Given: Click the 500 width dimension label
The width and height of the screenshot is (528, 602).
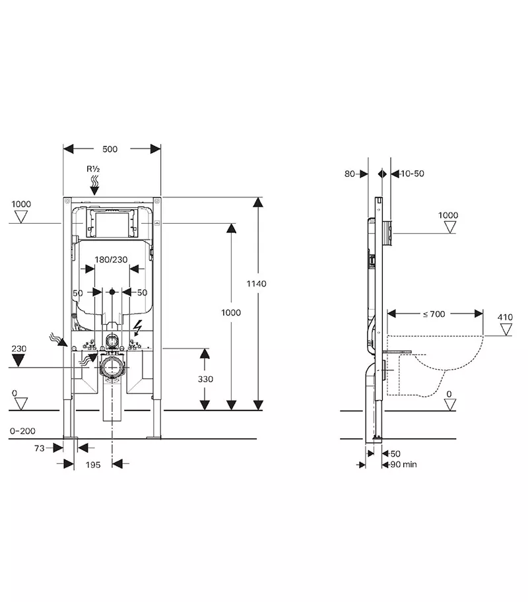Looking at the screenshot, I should click(x=110, y=149).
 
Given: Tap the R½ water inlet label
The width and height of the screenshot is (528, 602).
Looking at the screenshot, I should click(x=94, y=168).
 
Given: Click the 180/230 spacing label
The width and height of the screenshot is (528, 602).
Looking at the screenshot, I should click(x=110, y=259).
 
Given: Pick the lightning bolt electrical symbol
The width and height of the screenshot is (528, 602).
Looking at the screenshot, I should click(x=139, y=327).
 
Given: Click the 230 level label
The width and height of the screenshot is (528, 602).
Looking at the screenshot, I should click(x=19, y=347).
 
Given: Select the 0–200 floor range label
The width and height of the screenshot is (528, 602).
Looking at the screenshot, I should click(x=22, y=431).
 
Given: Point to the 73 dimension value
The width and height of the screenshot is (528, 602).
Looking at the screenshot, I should click(x=39, y=448).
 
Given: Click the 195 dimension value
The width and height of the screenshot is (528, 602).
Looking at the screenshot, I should click(x=93, y=465).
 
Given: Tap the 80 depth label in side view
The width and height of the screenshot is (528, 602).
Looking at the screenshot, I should click(x=349, y=174).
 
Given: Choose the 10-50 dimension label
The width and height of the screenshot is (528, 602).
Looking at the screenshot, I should click(x=412, y=174).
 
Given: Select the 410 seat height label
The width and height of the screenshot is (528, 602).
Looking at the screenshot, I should click(x=505, y=318).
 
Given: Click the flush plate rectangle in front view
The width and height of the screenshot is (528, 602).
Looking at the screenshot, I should click(x=111, y=224).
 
